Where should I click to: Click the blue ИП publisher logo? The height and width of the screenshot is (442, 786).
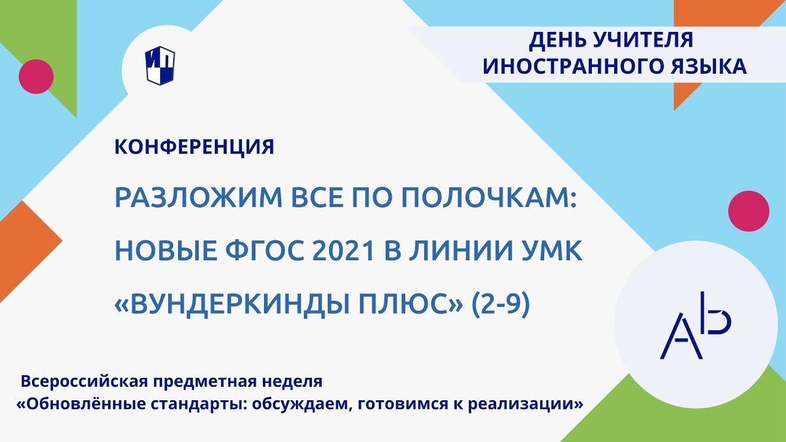click(x=160, y=67)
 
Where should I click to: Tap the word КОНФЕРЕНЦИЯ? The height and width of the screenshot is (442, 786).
click(x=194, y=147)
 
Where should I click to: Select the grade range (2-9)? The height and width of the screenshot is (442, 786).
click(x=500, y=304)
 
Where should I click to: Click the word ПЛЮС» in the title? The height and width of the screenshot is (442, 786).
click(x=411, y=304)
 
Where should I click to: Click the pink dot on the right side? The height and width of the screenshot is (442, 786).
click(x=749, y=211)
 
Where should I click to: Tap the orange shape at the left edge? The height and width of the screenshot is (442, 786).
click(x=18, y=239)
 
